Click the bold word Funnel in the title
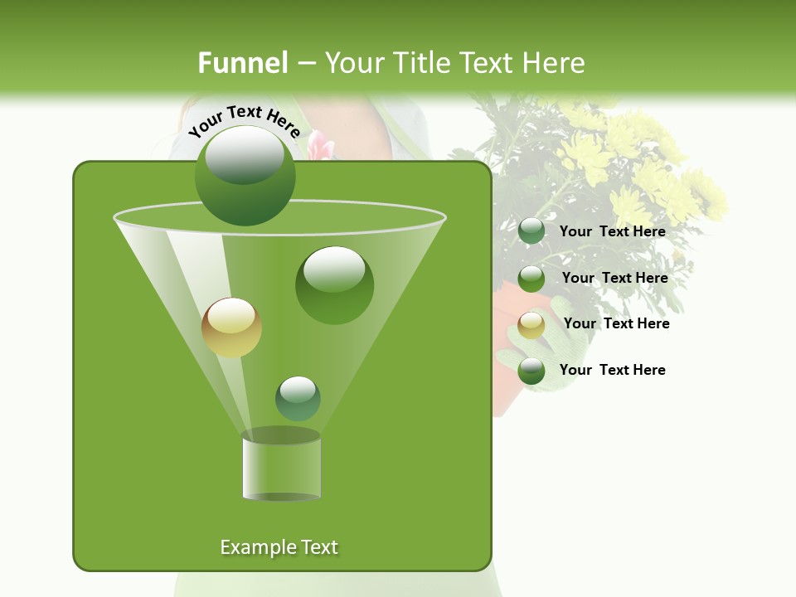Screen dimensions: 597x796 point(243,63)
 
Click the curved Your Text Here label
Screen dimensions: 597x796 point(244,121)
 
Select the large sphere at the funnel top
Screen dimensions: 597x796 point(245,176)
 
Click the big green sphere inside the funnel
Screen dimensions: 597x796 point(334,285)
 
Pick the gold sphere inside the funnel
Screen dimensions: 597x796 point(231,328)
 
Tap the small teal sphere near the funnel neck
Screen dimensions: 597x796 point(298,398)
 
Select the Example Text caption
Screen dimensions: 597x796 point(279,547)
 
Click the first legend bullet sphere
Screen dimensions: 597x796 point(531,231)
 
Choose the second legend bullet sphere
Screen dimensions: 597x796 point(531,279)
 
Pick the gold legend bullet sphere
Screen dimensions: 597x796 point(531,325)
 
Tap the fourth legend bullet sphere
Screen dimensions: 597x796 point(531,371)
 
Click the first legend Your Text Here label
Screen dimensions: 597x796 point(612,231)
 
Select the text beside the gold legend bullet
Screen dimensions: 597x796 point(616,323)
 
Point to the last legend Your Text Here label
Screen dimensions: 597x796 point(612,370)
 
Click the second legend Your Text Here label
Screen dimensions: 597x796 point(614,278)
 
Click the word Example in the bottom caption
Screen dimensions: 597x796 point(255,547)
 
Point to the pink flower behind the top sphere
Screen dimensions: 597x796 point(321,148)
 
